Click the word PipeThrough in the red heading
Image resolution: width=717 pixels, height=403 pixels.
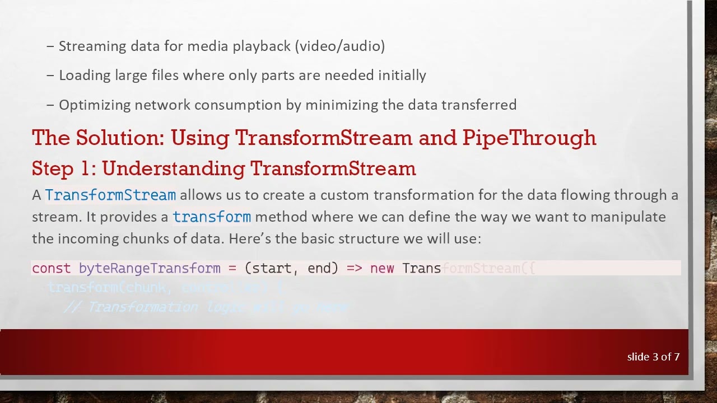[x=529, y=138]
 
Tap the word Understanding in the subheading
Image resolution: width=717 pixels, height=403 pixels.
[x=174, y=168]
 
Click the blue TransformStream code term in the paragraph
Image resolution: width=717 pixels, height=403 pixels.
[x=110, y=195]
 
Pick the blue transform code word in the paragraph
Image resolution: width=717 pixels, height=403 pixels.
[x=212, y=217]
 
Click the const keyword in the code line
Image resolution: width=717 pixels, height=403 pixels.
[x=52, y=269]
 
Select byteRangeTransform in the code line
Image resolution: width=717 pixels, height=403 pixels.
[x=150, y=269]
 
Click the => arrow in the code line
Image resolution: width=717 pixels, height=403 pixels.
[x=354, y=269]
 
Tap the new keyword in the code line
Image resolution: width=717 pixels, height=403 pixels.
[x=382, y=269]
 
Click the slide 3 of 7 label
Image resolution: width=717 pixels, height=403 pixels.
[x=653, y=357]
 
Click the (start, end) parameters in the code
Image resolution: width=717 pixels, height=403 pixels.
[x=291, y=269]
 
